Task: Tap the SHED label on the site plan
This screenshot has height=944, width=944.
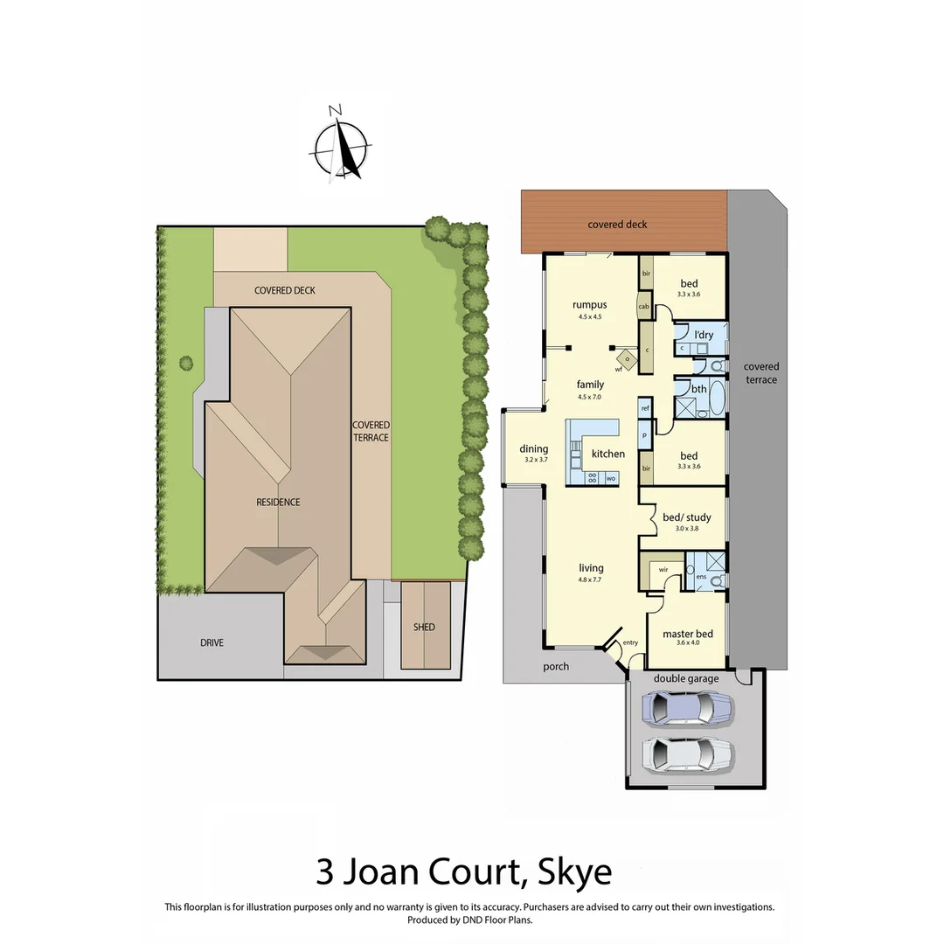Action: [x=424, y=627]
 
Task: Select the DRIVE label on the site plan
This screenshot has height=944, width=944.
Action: [x=212, y=642]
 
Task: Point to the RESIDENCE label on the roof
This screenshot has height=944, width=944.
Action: [x=278, y=502]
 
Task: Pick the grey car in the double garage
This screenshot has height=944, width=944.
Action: [x=686, y=753]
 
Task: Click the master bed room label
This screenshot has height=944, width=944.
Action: [x=688, y=634]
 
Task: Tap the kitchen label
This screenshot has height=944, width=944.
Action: [x=608, y=454]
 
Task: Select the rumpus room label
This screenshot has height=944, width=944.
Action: [x=589, y=305]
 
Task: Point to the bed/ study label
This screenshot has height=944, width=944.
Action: [x=687, y=517]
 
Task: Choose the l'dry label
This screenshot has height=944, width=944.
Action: [x=704, y=335]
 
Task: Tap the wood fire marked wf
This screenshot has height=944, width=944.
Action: [x=627, y=357]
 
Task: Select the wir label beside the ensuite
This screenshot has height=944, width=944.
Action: [x=663, y=568]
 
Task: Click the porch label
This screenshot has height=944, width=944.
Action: [x=556, y=666]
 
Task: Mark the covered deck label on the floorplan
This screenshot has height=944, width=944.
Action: [x=617, y=225]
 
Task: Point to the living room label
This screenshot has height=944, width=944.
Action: [x=591, y=568]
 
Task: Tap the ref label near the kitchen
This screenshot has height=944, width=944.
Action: [x=645, y=408]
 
